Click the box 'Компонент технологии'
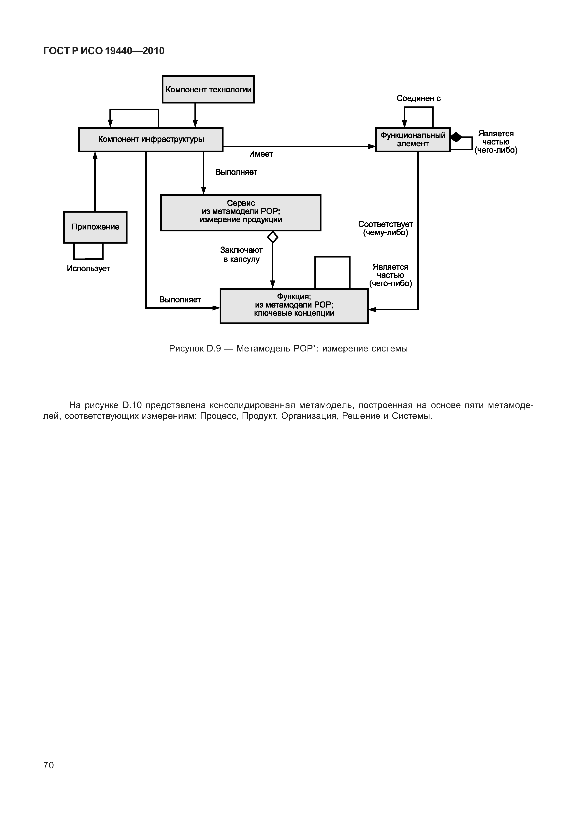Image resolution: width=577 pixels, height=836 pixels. coord(208,89)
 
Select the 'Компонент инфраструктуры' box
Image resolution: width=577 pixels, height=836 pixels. coord(151,139)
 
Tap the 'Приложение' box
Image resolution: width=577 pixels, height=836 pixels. coord(96,227)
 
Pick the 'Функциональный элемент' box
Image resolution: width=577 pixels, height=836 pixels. coord(413,139)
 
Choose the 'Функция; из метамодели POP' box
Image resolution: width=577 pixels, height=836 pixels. coord(294,306)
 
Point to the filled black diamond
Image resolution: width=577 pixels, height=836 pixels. coord(456,137)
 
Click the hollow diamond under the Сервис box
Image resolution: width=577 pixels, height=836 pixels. coord(273,237)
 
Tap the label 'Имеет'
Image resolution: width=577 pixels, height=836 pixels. coord(261,154)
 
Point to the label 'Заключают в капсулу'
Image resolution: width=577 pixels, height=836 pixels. coord(241,254)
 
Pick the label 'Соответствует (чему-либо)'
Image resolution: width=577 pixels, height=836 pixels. coord(385,228)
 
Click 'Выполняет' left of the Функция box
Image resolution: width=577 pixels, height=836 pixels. coord(180,299)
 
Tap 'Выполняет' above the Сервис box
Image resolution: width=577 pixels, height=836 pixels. coord(236,172)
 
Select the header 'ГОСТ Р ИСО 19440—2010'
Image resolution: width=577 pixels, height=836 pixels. coord(104,51)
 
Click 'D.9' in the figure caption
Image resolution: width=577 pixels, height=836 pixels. coord(214,349)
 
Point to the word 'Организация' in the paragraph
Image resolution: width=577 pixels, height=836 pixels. coord(309,416)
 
